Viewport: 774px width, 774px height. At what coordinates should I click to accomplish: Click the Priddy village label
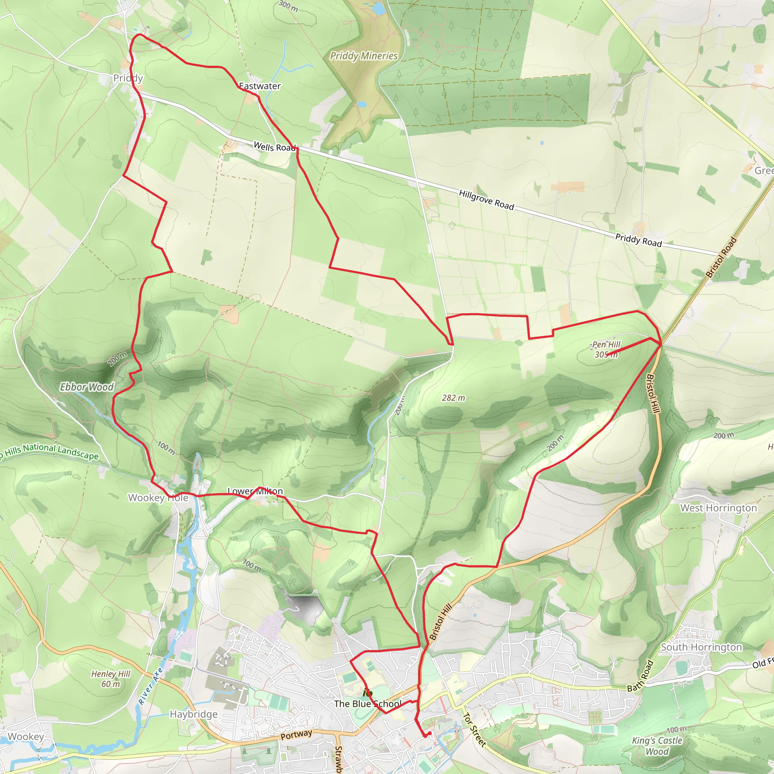pyautogui.click(x=128, y=78)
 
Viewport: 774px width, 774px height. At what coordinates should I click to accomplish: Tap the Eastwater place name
pyautogui.click(x=260, y=86)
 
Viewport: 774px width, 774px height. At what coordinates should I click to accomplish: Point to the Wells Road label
pyautogui.click(x=274, y=147)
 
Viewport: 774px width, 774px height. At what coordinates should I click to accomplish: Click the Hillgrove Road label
pyautogui.click(x=486, y=200)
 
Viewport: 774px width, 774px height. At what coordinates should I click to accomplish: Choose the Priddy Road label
pyautogui.click(x=638, y=240)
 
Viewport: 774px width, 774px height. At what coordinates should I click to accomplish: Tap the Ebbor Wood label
pyautogui.click(x=87, y=387)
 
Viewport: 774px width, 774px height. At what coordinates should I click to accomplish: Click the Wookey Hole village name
pyautogui.click(x=158, y=498)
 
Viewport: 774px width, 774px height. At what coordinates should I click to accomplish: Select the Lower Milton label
pyautogui.click(x=255, y=491)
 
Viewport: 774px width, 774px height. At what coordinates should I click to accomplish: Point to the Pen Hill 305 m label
pyautogui.click(x=606, y=349)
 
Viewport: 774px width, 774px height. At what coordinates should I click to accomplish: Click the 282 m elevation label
pyautogui.click(x=454, y=398)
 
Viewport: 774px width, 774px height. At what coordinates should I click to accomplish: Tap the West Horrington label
pyautogui.click(x=718, y=508)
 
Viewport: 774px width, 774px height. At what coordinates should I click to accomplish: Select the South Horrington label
pyautogui.click(x=701, y=647)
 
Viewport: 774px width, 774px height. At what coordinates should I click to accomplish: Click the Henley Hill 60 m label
pyautogui.click(x=111, y=679)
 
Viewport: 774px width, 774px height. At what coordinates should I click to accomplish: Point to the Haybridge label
pyautogui.click(x=193, y=714)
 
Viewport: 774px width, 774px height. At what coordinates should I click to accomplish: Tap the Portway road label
pyautogui.click(x=296, y=735)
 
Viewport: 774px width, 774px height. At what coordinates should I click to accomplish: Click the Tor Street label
pyautogui.click(x=474, y=729)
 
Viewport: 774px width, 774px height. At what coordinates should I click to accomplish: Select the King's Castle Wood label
pyautogui.click(x=657, y=746)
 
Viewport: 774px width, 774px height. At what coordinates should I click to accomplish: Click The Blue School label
pyautogui.click(x=367, y=704)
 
